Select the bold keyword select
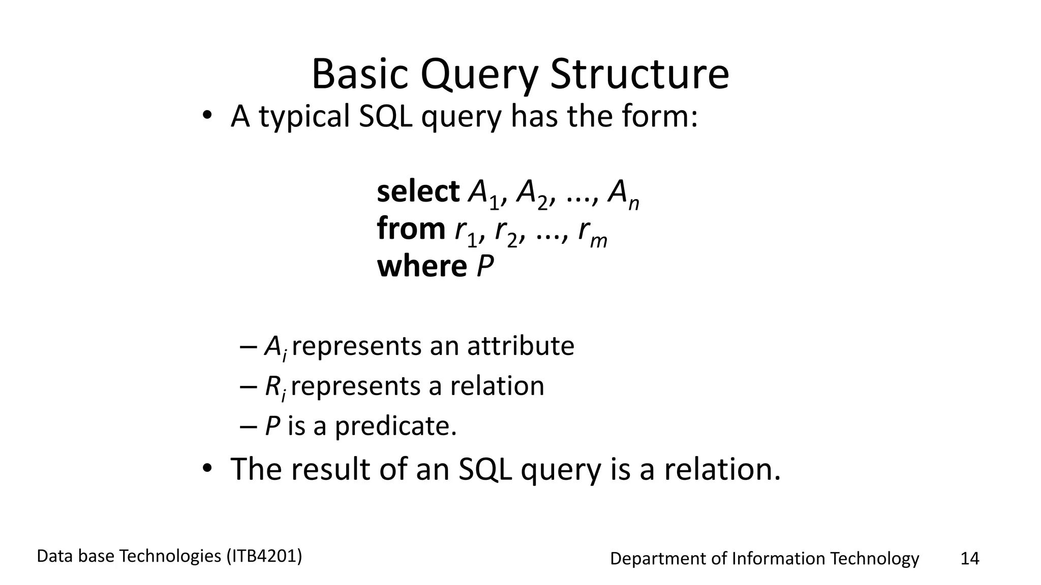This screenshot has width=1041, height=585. (x=418, y=192)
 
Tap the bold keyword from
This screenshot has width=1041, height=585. (x=411, y=229)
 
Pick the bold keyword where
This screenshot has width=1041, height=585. (x=421, y=266)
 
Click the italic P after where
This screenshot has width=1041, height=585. (x=485, y=266)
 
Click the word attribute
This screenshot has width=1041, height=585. (x=520, y=346)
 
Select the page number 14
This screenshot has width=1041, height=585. (x=969, y=559)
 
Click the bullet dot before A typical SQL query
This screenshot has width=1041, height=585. (x=206, y=115)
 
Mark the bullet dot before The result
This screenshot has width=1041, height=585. (x=206, y=468)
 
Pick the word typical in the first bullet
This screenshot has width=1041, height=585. (x=304, y=117)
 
